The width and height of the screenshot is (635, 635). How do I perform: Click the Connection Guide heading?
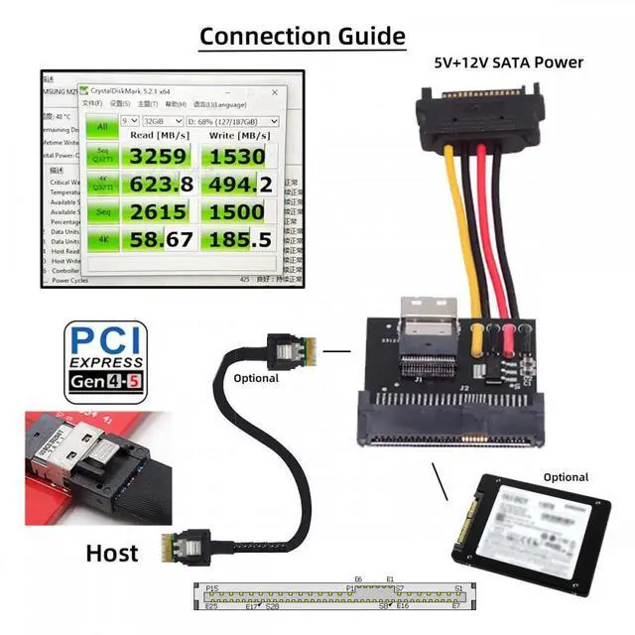coord(303,37)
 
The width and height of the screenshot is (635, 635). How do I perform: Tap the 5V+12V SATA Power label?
coord(508,63)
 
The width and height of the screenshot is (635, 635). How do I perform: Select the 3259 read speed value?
coord(159,157)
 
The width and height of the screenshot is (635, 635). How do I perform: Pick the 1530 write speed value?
coord(236,157)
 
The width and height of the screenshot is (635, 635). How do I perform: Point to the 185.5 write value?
coord(236,239)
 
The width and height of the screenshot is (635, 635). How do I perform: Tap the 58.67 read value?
coord(159,239)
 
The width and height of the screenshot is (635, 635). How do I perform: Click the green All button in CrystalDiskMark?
coord(100,126)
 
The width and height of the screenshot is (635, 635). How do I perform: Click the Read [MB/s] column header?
coord(158,135)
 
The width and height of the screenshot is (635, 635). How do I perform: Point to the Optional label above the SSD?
coord(565,477)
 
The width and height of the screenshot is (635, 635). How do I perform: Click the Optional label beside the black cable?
coord(256,378)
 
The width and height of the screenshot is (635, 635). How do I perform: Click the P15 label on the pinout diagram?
coord(211,588)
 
